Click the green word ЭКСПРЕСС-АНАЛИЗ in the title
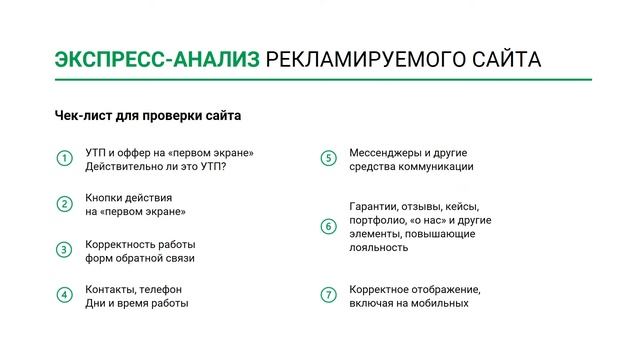[x=156, y=60]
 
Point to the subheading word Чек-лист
[x=79, y=116]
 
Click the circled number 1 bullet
[x=64, y=159]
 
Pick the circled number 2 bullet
[x=64, y=204]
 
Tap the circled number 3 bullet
[x=64, y=250]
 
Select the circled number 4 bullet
[x=64, y=295]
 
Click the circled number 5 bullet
[x=327, y=159]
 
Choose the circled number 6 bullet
[x=327, y=226]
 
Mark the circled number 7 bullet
[x=327, y=295]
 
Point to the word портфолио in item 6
[x=375, y=219]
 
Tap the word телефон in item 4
[x=159, y=289]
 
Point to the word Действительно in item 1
[x=123, y=166]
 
